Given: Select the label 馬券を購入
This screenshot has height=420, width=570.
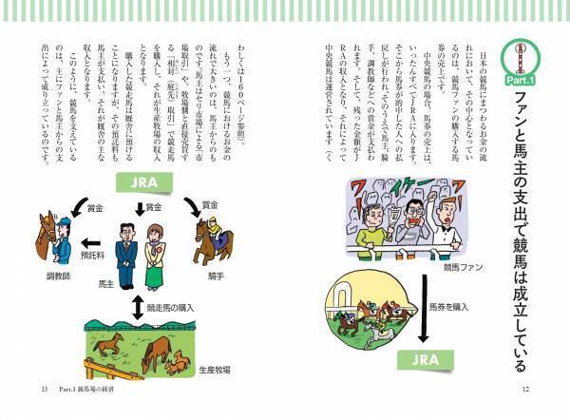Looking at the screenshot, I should click(x=449, y=307).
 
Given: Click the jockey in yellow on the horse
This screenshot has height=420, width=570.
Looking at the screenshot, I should click(x=213, y=231).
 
